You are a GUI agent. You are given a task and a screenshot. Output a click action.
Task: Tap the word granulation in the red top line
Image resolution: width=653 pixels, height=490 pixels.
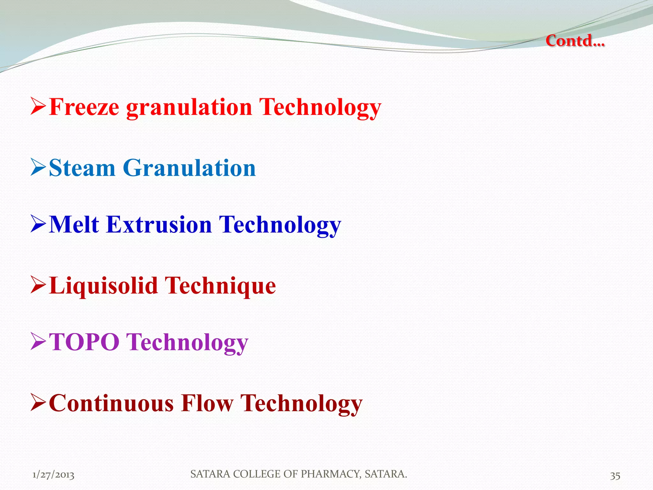click(x=189, y=108)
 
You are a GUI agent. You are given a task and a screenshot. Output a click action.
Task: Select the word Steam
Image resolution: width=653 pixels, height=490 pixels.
click(x=82, y=168)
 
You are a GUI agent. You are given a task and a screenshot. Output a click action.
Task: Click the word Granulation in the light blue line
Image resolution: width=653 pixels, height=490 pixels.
click(x=189, y=168)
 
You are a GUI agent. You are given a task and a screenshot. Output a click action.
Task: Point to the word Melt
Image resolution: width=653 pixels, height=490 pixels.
click(x=74, y=225)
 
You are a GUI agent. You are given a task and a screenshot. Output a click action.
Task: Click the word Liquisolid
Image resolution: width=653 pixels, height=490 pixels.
click(x=104, y=286)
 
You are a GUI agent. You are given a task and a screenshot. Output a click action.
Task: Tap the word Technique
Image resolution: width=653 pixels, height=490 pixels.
click(x=220, y=286)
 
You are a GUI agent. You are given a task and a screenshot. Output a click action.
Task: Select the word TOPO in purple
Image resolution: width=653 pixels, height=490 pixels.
click(x=84, y=342)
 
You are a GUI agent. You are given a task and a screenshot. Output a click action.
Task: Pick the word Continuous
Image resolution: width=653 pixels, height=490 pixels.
click(x=111, y=403)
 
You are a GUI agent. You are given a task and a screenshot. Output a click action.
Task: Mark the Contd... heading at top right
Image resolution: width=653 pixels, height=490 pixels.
click(x=575, y=41)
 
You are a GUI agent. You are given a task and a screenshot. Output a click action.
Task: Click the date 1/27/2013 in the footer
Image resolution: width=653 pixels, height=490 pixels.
click(x=53, y=475)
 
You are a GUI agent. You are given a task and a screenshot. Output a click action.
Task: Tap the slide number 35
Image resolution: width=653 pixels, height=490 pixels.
click(x=615, y=476)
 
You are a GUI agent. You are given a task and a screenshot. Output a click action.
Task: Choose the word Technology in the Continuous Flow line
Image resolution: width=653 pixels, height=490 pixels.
click(x=301, y=404)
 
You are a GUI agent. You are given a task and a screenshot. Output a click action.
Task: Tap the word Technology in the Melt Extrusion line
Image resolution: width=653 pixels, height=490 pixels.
click(x=280, y=225)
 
